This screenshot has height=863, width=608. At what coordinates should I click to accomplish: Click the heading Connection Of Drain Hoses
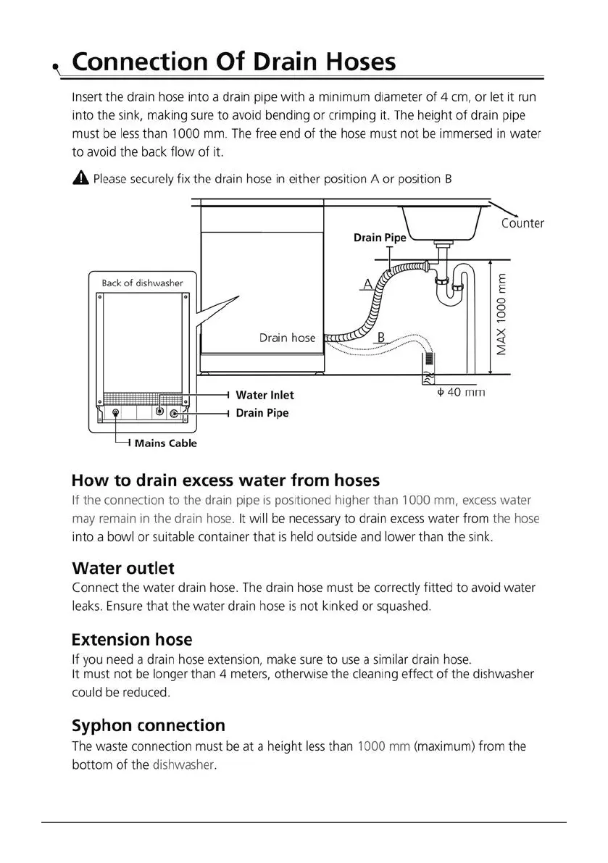coord(234,62)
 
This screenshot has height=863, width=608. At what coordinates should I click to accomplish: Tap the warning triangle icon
coord(80,178)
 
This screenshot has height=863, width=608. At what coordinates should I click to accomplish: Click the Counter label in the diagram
coord(522,223)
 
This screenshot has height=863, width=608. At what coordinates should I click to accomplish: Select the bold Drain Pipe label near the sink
coord(380,238)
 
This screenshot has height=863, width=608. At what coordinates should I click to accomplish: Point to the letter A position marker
coord(367,285)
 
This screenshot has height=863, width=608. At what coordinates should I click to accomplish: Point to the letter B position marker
coord(381,337)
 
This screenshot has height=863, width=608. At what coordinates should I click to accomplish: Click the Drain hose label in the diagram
coord(288,338)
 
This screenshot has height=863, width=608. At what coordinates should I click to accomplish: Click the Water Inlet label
coord(265,395)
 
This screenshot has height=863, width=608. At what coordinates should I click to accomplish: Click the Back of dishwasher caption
coord(142,283)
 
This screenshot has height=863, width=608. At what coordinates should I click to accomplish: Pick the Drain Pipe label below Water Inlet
coord(262,413)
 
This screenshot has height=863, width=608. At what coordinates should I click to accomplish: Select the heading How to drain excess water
coord(225,480)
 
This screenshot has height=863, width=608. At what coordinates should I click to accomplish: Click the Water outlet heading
coord(123,567)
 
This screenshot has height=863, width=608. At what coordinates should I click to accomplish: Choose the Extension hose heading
coord(132,639)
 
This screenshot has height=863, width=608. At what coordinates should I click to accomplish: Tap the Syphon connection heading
coord(149,725)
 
